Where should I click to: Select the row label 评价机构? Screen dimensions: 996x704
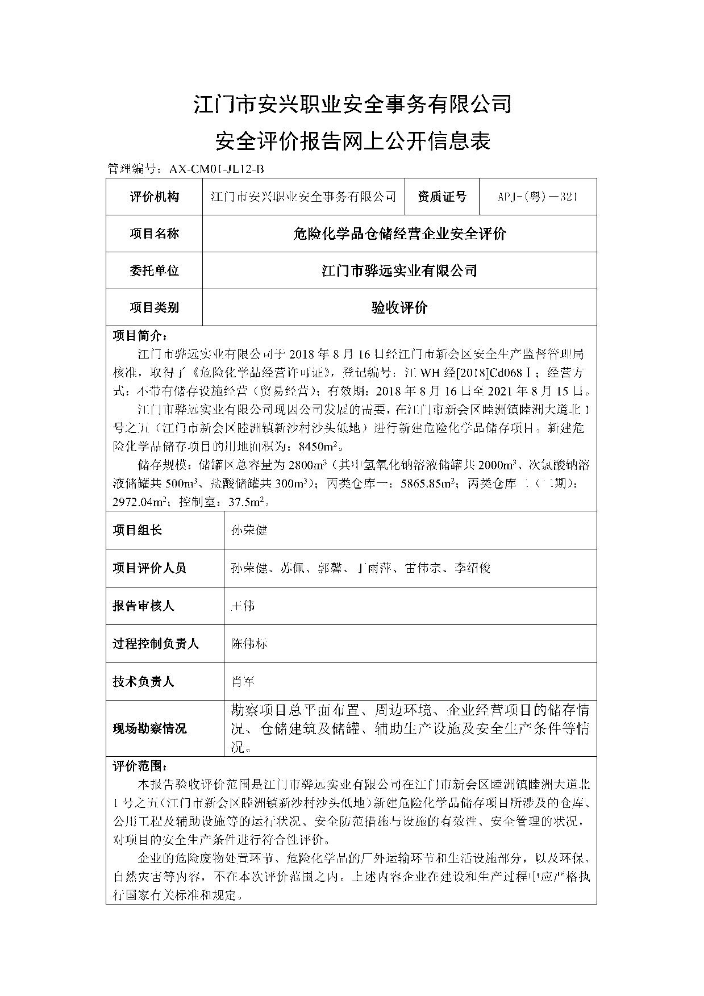(x=154, y=197)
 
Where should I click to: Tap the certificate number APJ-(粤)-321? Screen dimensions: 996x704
(x=538, y=197)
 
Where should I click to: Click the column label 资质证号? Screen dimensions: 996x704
(x=441, y=197)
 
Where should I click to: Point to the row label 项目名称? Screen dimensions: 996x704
(x=154, y=234)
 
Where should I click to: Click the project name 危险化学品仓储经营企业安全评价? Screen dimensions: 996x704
(x=399, y=234)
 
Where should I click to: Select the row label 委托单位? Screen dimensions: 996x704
(x=154, y=270)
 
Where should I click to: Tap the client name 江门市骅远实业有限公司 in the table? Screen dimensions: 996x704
(x=399, y=270)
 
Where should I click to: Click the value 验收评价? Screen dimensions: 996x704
(x=399, y=307)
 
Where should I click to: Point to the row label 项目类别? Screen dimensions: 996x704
(x=154, y=307)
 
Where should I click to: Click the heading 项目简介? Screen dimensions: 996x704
(x=140, y=335)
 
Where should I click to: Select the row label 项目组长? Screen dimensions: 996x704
(x=137, y=530)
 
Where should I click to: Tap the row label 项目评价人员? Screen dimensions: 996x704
(x=149, y=568)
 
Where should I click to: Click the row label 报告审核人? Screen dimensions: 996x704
(x=143, y=606)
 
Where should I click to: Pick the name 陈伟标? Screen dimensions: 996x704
(x=248, y=643)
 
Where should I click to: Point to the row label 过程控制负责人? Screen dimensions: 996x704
(x=156, y=643)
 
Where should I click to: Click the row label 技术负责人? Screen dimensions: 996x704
(x=143, y=681)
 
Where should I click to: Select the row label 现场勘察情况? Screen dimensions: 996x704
(x=149, y=728)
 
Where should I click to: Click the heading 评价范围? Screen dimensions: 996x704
(x=140, y=766)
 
